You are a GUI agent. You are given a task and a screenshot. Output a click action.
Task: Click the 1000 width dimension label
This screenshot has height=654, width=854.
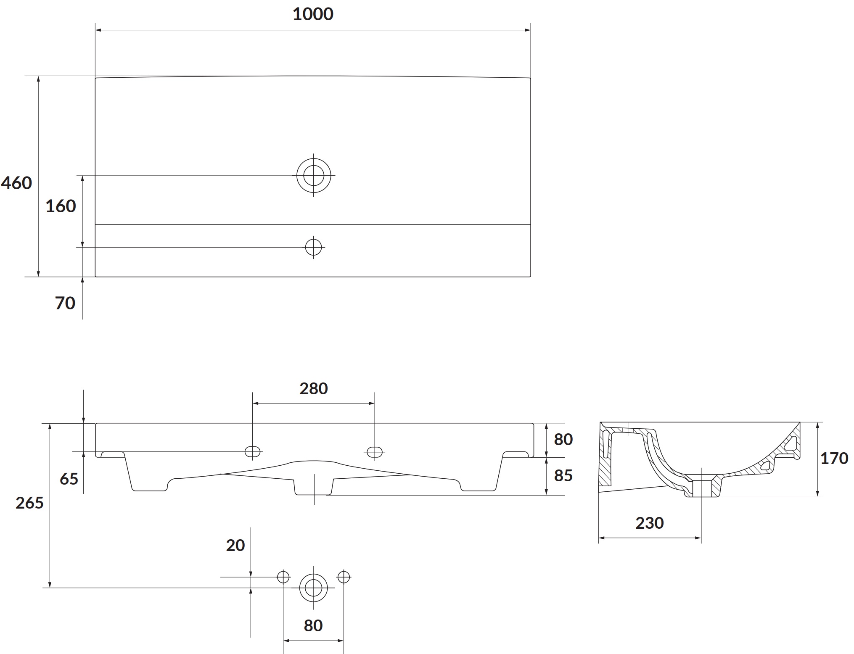pyautogui.click(x=313, y=14)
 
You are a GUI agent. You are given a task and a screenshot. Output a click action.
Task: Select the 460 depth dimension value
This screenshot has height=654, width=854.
pyautogui.click(x=16, y=183)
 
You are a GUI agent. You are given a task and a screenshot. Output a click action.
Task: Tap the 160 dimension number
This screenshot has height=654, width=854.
pyautogui.click(x=61, y=206)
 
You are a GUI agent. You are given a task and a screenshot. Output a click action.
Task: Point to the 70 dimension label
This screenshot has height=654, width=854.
pyautogui.click(x=65, y=303)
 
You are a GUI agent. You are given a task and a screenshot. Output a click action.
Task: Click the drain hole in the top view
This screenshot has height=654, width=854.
pyautogui.click(x=314, y=175)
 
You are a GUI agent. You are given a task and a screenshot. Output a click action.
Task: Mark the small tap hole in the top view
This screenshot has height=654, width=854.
pyautogui.click(x=314, y=247)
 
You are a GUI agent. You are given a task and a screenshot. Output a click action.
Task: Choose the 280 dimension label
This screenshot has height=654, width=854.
pyautogui.click(x=314, y=389)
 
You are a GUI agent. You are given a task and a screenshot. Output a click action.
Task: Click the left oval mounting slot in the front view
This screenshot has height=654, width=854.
pyautogui.click(x=253, y=452)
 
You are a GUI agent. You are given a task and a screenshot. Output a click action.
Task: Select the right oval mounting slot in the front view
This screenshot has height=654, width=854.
pyautogui.click(x=375, y=452)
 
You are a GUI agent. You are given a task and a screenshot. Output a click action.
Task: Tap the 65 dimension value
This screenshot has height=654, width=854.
pyautogui.click(x=69, y=479)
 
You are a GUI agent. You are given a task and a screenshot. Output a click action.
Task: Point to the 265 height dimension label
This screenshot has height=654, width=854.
pyautogui.click(x=29, y=503)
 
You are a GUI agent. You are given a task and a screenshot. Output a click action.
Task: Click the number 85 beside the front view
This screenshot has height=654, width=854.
pyautogui.click(x=563, y=476)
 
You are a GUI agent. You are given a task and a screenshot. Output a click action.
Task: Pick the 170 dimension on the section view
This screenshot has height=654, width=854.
pyautogui.click(x=834, y=459)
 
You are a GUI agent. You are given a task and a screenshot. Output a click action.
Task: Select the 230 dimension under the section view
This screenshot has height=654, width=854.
pyautogui.click(x=650, y=523)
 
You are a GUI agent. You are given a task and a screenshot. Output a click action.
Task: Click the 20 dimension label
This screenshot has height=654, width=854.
pyautogui.click(x=235, y=546)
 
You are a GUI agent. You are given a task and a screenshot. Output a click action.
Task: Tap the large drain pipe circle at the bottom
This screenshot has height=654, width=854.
pyautogui.click(x=314, y=588)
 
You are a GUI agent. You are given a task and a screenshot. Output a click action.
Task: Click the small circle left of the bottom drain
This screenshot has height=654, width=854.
pyautogui.click(x=283, y=577)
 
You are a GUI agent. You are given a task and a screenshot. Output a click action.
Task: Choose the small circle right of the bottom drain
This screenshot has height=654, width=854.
pyautogui.click(x=344, y=577)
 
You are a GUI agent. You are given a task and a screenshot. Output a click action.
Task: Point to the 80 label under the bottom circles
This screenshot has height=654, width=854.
pyautogui.click(x=313, y=626)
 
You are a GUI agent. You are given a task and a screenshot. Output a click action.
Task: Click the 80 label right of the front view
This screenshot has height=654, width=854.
pyautogui.click(x=563, y=440)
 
